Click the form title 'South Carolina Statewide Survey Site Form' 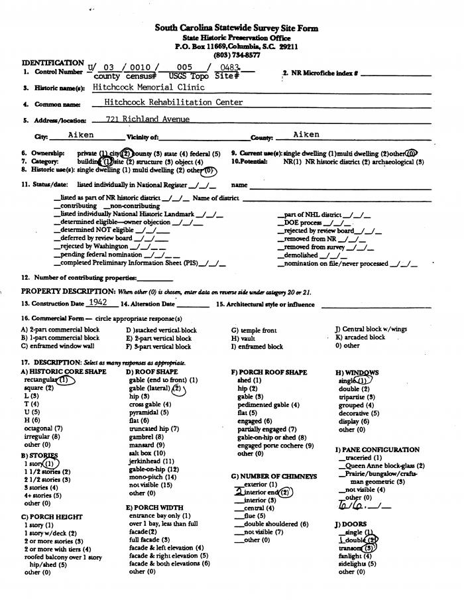click(x=236, y=29)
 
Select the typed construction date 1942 click(x=97, y=302)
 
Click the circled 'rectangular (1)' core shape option click(x=46, y=381)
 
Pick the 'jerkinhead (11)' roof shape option click(x=152, y=461)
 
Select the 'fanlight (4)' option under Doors click(x=356, y=556)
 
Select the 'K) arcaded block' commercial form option click(x=360, y=337)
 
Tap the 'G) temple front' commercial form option click(x=254, y=330)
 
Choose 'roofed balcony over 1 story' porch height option click(x=63, y=557)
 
